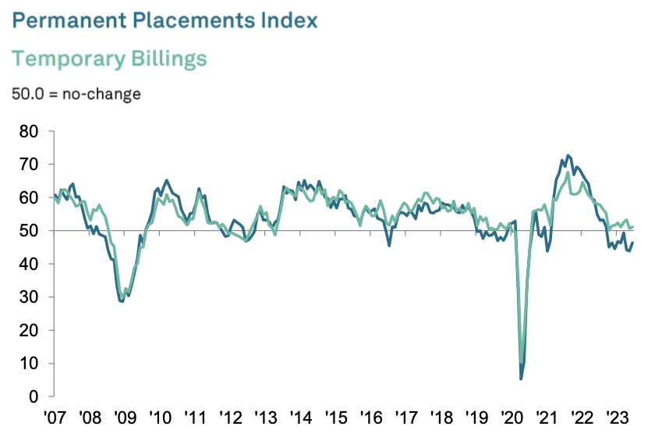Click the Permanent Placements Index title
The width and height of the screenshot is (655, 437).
pos(165,20)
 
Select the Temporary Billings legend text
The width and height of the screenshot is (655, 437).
pos(110,59)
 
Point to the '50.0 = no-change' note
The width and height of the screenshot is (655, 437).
pos(76,94)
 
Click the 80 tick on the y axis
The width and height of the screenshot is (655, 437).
pos(30,131)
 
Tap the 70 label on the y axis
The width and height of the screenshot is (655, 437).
pos(30,165)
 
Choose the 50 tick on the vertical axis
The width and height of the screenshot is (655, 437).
pos(30,231)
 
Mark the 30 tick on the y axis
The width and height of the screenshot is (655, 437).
pos(30,297)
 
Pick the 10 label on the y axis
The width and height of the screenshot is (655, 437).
pos(30,364)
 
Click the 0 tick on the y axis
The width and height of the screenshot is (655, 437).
pos(34,396)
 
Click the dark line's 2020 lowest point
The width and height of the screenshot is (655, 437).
pos(521,378)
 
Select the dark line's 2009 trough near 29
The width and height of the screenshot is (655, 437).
pos(122,300)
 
